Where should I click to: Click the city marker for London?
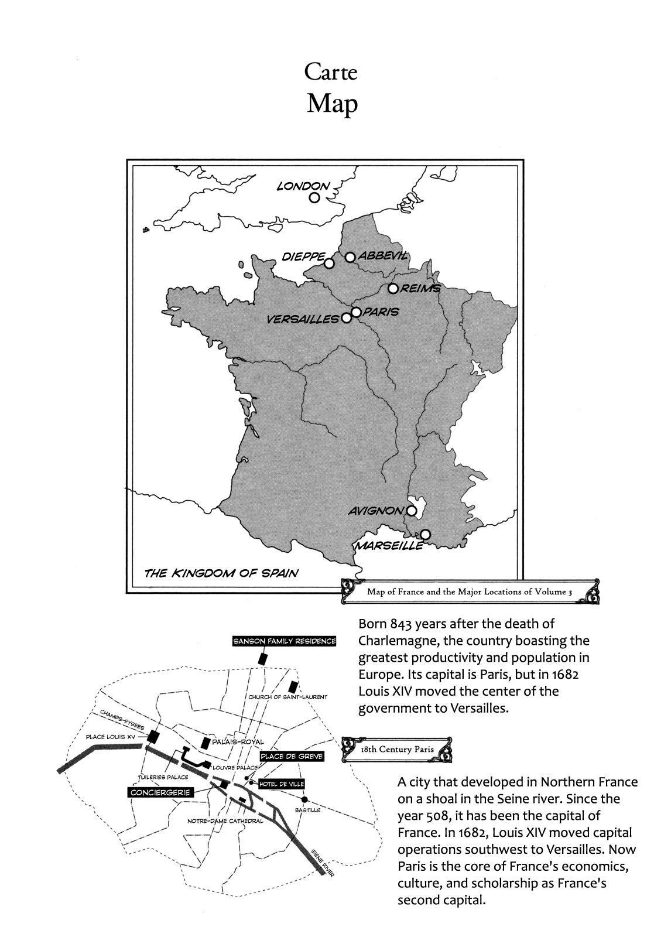pyautogui.click(x=314, y=198)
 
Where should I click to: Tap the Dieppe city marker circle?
pyautogui.click(x=329, y=263)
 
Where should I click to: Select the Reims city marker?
pyautogui.click(x=393, y=289)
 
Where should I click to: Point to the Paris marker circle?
pyautogui.click(x=356, y=312)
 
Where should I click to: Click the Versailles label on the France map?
pyautogui.click(x=302, y=320)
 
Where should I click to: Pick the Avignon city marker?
pyautogui.click(x=412, y=511)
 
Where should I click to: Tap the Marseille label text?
pyautogui.click(x=387, y=546)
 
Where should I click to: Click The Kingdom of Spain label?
pyautogui.click(x=221, y=573)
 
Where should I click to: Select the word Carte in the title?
pyautogui.click(x=330, y=73)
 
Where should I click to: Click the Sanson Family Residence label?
pyautogui.click(x=285, y=641)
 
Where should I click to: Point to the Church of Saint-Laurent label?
pyautogui.click(x=287, y=697)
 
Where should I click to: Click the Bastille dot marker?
pyautogui.click(x=304, y=800)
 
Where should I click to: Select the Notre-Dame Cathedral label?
pyautogui.click(x=225, y=821)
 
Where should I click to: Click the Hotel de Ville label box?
pyautogui.click(x=282, y=784)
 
